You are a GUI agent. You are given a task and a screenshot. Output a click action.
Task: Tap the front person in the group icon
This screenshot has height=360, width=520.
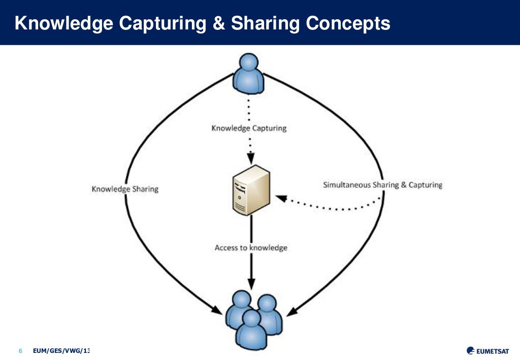click(x=251, y=330)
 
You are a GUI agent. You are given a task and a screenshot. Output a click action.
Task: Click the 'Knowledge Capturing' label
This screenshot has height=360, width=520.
click(x=249, y=128)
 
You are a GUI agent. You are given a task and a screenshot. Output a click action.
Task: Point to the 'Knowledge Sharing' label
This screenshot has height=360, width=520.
click(x=125, y=189)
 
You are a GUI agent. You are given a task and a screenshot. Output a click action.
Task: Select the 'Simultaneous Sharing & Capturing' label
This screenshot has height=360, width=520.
click(x=382, y=185)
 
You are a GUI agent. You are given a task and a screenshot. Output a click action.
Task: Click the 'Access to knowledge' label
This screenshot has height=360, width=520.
click(x=251, y=248)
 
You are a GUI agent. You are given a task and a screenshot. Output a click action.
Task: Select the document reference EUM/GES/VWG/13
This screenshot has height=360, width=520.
click(x=61, y=351)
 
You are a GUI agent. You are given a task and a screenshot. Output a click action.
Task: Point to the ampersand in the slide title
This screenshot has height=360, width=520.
click(x=219, y=23)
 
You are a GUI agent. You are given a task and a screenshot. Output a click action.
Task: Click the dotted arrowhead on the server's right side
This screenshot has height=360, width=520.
click(x=280, y=198)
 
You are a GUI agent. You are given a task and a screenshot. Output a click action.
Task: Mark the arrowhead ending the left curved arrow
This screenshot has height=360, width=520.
click(x=217, y=309)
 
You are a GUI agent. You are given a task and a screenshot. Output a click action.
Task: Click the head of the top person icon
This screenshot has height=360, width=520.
click(x=248, y=63)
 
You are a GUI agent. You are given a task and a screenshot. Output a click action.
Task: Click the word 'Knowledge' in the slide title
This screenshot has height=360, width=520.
click(x=67, y=23)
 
